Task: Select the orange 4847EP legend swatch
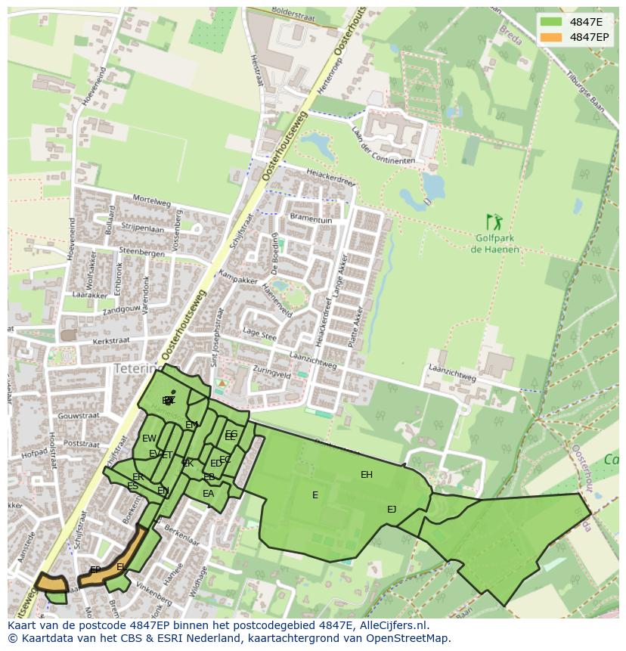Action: (x=551, y=37)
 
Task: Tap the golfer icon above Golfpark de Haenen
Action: (x=494, y=222)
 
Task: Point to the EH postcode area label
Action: (x=367, y=475)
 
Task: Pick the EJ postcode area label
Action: (x=392, y=509)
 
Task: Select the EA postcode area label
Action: (x=208, y=494)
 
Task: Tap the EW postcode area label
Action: (x=149, y=439)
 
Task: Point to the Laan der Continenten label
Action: (x=383, y=145)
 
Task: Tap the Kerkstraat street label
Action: (x=110, y=341)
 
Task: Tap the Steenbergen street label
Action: (x=142, y=253)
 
